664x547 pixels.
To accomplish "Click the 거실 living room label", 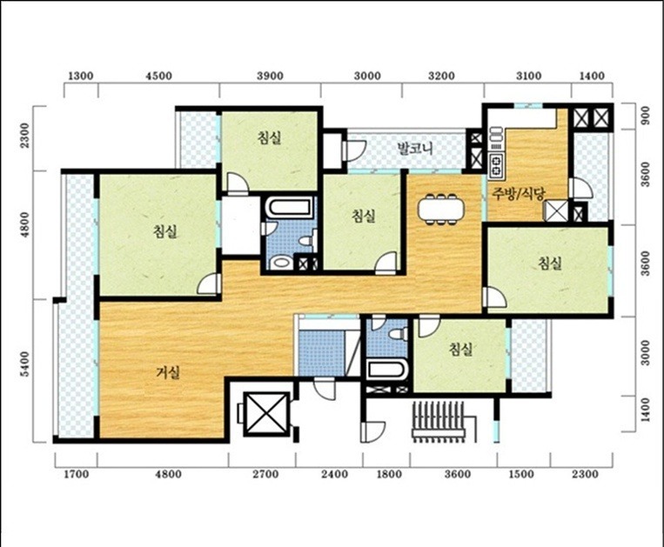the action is (168, 372).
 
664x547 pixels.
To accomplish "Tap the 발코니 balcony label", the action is (415, 148).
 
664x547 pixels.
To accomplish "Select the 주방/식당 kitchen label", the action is (519, 193).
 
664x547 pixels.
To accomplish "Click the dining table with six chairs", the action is (440, 209).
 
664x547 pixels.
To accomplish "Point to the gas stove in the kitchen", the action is (496, 165).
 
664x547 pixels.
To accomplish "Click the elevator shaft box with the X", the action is (266, 414).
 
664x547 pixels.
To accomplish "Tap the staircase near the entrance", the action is (440, 422).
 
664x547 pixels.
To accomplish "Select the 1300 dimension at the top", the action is (80, 77).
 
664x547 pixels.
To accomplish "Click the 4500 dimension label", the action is (158, 77).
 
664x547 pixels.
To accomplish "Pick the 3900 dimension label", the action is (270, 77).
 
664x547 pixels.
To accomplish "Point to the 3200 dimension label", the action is (441, 77).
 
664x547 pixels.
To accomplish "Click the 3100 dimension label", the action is (528, 77).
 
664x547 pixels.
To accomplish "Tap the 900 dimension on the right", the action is (645, 115).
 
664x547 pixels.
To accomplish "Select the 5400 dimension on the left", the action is (26, 364).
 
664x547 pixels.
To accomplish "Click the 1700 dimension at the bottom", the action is (77, 474).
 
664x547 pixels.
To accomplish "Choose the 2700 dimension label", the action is (265, 474).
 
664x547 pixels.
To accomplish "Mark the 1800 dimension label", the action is (389, 474).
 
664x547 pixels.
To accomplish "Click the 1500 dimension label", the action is (521, 474).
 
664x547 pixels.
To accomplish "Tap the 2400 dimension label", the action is (334, 474).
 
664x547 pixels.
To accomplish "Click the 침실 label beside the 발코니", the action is (269, 137).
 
